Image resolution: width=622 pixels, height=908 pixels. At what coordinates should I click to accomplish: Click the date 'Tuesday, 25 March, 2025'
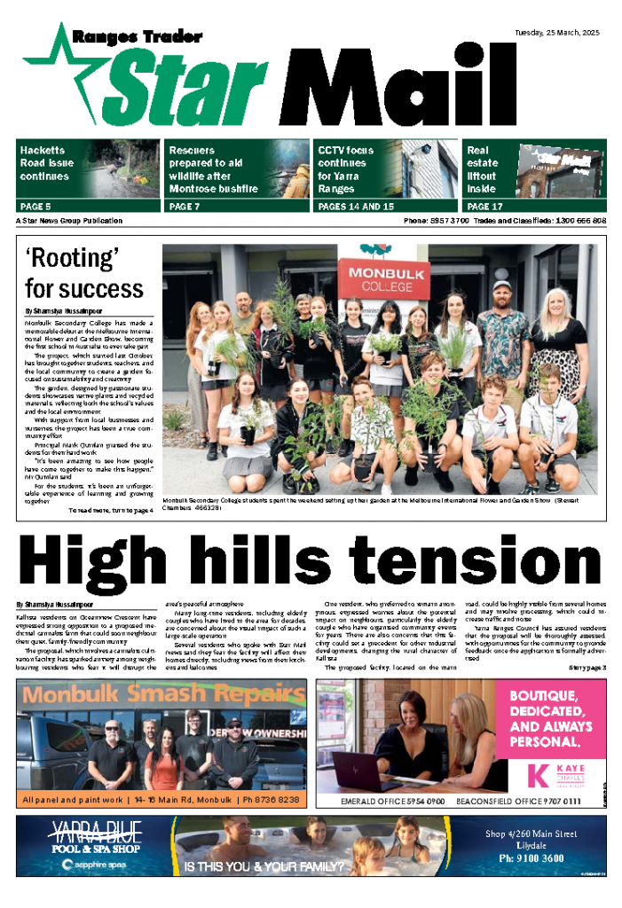[558, 34]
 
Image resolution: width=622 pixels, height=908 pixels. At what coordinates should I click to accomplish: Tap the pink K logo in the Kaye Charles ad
[537, 773]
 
